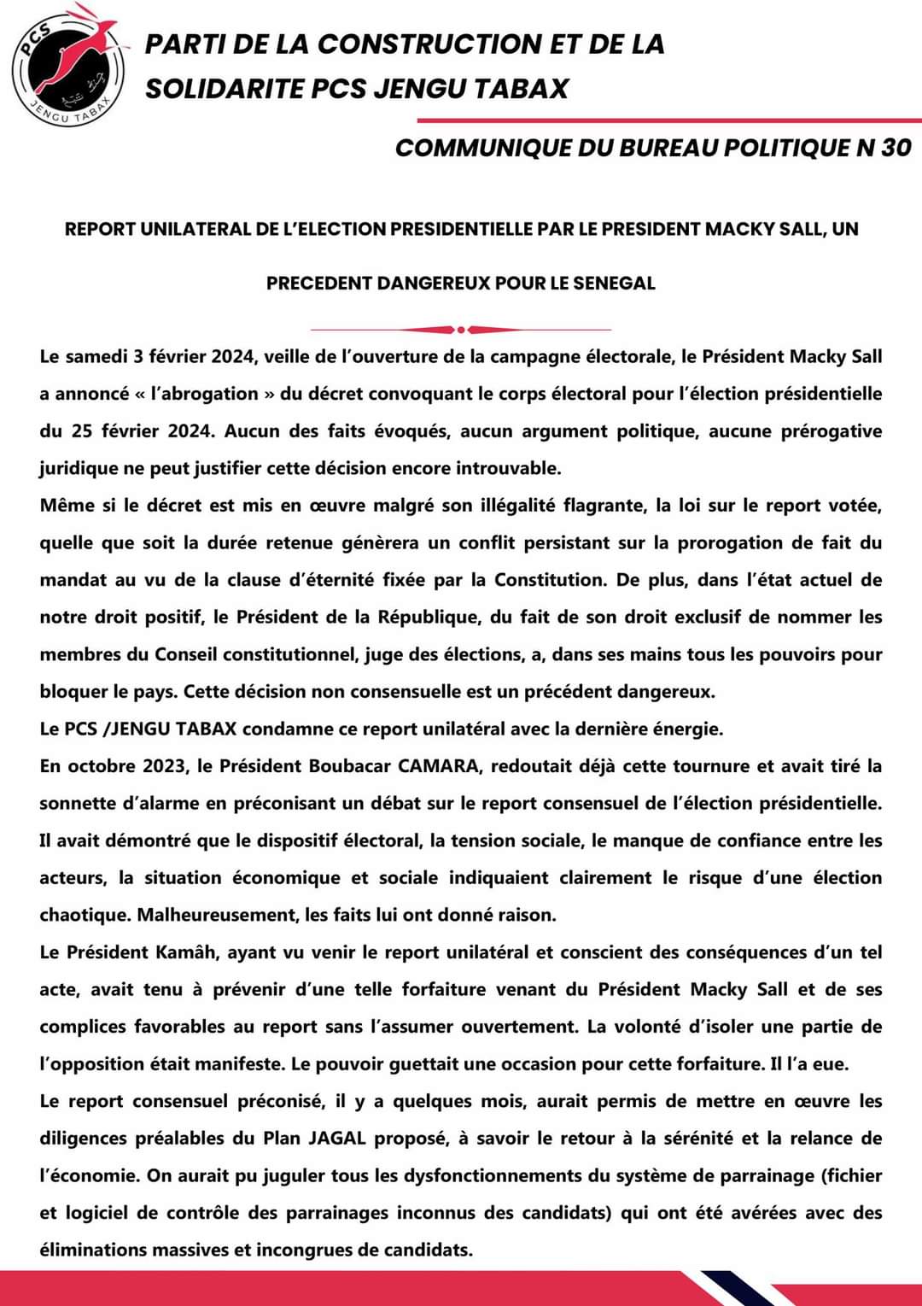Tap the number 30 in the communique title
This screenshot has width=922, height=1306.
896,148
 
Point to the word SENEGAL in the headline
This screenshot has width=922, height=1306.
614,283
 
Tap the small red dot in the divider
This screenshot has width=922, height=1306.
461,330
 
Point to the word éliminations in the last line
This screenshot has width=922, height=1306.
93,1250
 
